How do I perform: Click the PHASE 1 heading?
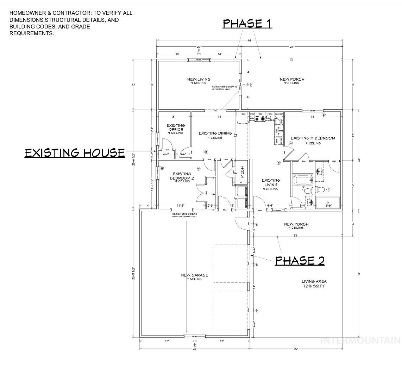(247, 24)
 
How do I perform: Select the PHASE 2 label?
(300, 261)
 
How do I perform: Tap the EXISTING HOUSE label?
(75, 153)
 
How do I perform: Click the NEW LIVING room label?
(199, 80)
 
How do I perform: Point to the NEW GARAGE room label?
(194, 276)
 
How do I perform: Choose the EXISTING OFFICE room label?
(176, 129)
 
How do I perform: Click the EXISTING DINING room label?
(215, 135)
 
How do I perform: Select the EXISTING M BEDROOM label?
(313, 139)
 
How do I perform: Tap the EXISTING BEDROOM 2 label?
(182, 177)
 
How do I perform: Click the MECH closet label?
(242, 172)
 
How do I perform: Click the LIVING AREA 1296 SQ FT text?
(314, 284)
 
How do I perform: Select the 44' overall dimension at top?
(249, 41)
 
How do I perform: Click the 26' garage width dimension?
(194, 349)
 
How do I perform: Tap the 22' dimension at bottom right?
(296, 349)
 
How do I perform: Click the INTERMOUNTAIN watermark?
(360, 340)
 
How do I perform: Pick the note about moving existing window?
(184, 215)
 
